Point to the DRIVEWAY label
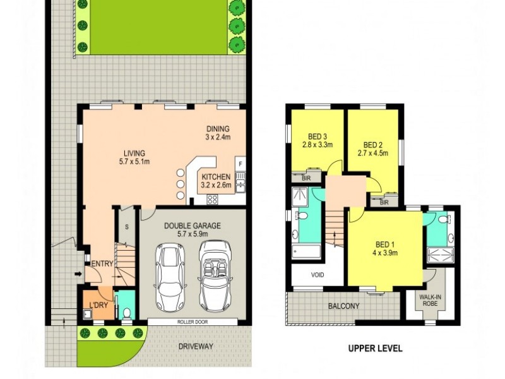click(196, 346)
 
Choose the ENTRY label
click(102, 264)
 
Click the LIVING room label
click(134, 153)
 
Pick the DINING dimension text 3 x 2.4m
click(218, 137)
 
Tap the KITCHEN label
click(216, 177)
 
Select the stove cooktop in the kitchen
click(213, 200)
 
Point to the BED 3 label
click(318, 136)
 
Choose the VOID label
click(317, 275)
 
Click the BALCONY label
click(343, 307)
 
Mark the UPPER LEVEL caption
click(375, 348)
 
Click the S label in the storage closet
click(126, 226)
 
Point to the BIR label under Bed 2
click(384, 202)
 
